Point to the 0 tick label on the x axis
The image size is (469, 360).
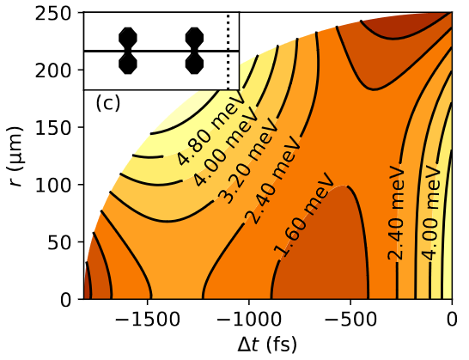[x=452, y=318]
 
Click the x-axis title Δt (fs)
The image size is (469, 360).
[x=268, y=345]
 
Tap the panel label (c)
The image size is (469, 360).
[x=107, y=103]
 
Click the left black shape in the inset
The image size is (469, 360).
[x=128, y=51]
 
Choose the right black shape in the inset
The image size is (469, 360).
[x=194, y=51]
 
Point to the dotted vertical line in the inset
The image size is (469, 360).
[x=228, y=51]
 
